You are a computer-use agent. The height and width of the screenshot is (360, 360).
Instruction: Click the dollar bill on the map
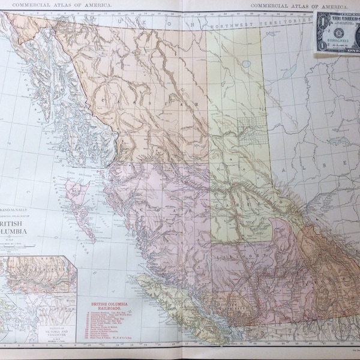click(337, 31)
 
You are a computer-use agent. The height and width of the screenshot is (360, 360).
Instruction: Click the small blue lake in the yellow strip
click(247, 63)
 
